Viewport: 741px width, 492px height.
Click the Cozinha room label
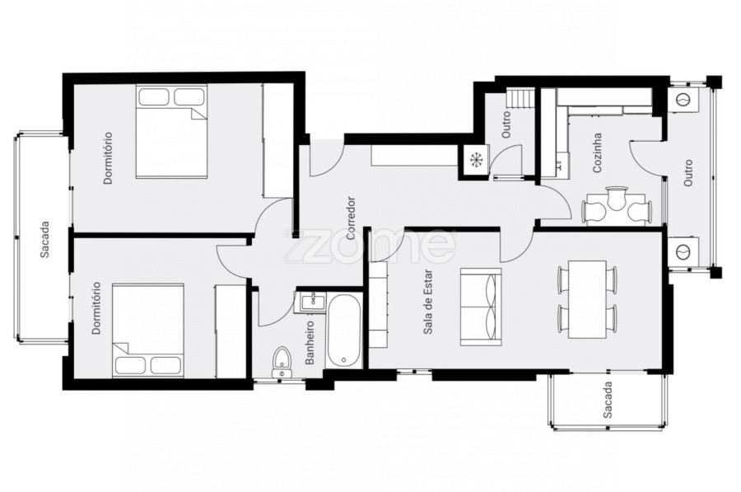tap(598, 152)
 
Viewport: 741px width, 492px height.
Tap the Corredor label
tap(351, 218)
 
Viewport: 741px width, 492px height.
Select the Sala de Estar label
tap(428, 302)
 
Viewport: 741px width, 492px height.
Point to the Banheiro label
tap(310, 343)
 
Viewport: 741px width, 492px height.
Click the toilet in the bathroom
tap(282, 363)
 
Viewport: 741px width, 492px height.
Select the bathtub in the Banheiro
tap(343, 331)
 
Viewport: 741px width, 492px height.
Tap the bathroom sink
tap(310, 302)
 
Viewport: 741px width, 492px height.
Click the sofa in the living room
tap(481, 306)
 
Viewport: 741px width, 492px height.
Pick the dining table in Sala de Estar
tap(587, 299)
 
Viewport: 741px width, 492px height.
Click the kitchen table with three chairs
tap(616, 206)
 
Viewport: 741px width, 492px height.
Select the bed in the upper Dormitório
tap(171, 132)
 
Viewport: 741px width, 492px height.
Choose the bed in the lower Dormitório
tap(148, 330)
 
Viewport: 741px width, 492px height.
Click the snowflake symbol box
tap(474, 161)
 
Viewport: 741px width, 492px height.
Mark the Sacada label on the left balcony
tap(45, 239)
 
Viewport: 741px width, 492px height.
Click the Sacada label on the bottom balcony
tap(608, 401)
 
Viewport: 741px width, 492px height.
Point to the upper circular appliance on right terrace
tap(683, 100)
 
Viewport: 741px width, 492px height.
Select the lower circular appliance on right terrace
tap(683, 251)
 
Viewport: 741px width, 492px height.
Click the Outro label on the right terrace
tap(688, 172)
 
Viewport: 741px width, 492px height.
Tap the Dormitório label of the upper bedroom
tap(108, 158)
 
